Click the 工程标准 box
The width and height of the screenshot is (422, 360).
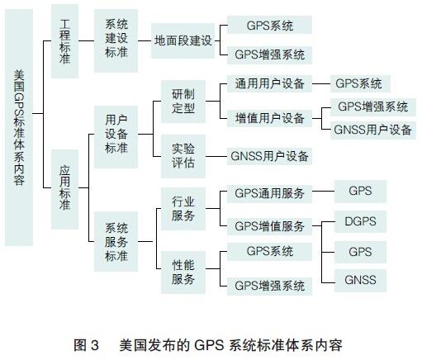(x=64, y=41)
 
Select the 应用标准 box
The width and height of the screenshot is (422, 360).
(x=64, y=189)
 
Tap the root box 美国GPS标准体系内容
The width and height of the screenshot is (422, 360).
(x=19, y=127)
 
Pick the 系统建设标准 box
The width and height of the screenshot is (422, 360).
(x=116, y=41)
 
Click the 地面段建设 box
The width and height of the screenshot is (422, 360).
(x=183, y=41)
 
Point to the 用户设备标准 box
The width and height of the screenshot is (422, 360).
(x=116, y=137)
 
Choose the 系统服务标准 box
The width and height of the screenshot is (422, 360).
(x=116, y=241)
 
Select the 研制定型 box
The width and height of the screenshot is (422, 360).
(x=183, y=102)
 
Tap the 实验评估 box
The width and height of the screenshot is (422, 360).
(x=183, y=156)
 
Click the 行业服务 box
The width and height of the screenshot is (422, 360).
(x=183, y=209)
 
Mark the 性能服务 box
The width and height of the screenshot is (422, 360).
(x=183, y=272)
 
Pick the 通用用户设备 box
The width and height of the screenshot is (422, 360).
(x=269, y=83)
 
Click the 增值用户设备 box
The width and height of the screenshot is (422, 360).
(x=269, y=118)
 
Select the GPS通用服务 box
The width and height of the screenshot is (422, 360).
(x=269, y=193)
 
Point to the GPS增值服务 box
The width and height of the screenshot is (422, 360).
(x=269, y=226)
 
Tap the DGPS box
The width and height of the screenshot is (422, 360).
(x=360, y=221)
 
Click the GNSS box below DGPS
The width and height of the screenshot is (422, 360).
(x=360, y=280)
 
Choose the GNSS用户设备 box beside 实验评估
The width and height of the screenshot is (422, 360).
(x=269, y=156)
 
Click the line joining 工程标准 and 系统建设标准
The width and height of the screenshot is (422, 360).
(x=87, y=41)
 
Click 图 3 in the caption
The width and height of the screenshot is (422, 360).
(x=86, y=345)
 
